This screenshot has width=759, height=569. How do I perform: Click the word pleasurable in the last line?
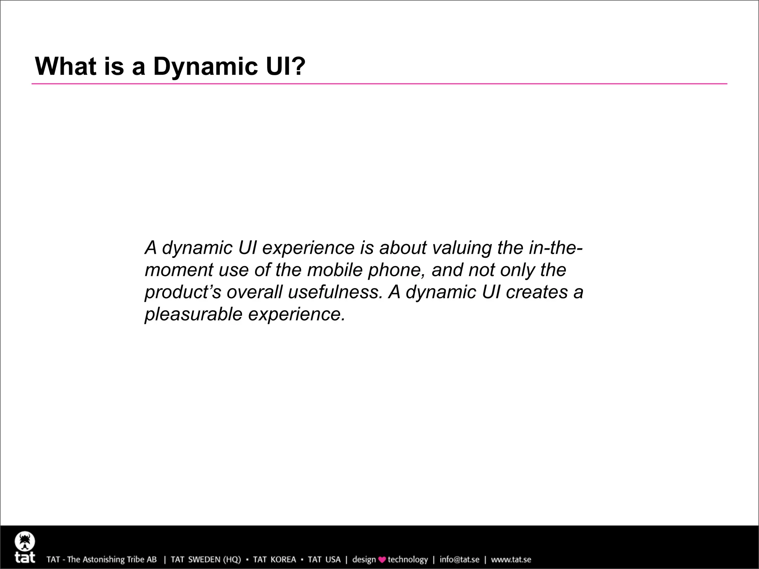(193, 315)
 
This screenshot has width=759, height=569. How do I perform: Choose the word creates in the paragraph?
(537, 292)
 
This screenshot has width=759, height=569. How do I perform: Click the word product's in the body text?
(183, 292)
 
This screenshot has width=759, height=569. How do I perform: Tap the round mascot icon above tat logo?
(25, 542)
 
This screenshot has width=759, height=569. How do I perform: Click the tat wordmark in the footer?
(25, 557)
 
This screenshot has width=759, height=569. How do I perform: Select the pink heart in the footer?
(382, 560)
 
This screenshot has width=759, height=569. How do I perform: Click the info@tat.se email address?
(459, 559)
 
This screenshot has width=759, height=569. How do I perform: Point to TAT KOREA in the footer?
(275, 559)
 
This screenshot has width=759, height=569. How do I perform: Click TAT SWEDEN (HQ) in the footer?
(206, 559)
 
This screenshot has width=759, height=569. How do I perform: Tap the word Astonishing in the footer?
(103, 559)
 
